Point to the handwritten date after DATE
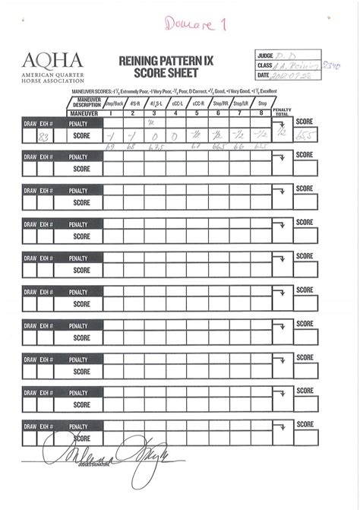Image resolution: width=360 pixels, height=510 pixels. pos(292,75)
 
